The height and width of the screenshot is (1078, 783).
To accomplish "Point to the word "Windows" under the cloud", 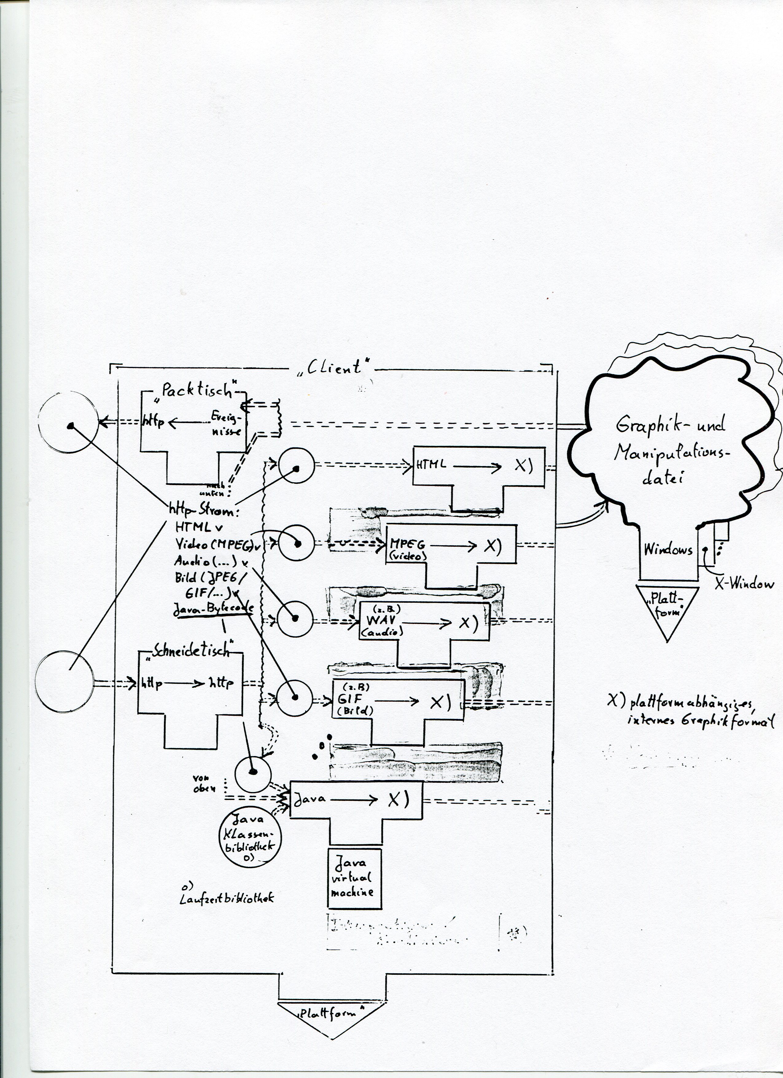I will click(x=668, y=550).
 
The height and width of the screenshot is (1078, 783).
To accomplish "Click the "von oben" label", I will click(x=204, y=784).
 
